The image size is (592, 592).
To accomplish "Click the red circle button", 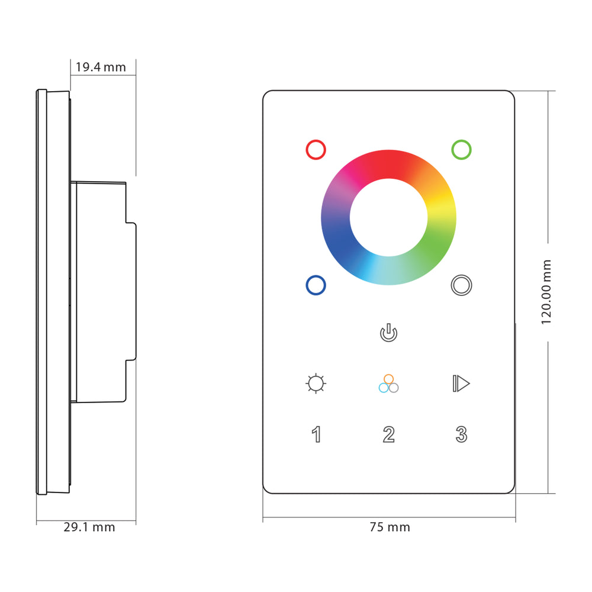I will click(x=316, y=149).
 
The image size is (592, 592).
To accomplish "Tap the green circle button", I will click(x=461, y=149).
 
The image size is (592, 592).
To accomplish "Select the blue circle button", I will click(x=316, y=285).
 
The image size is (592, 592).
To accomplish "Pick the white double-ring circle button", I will click(x=461, y=285).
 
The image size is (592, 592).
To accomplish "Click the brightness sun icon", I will click(x=316, y=384).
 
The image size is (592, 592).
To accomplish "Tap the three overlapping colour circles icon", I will click(x=388, y=384).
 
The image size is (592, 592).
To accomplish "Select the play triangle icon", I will click(x=461, y=384).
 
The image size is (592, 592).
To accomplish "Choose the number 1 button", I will click(x=317, y=435).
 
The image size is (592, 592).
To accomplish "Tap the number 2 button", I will click(x=388, y=435).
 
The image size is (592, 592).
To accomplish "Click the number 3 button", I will click(x=461, y=435).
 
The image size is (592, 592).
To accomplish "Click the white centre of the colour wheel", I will click(x=388, y=217).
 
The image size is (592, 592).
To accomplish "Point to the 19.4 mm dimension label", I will click(x=101, y=67).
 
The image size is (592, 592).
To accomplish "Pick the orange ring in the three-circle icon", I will click(x=388, y=379).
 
